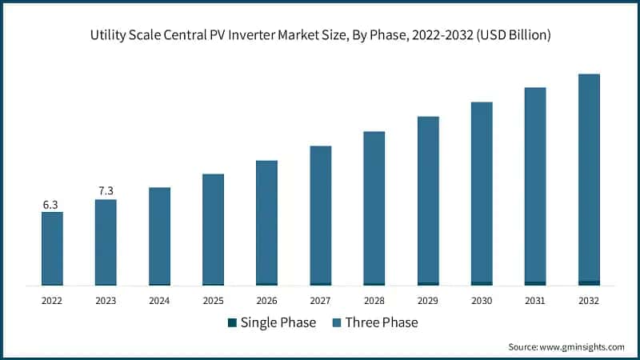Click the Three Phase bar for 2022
click(52, 248)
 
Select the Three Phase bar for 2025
click(213, 229)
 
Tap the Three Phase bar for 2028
click(374, 207)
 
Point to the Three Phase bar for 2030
click(482, 192)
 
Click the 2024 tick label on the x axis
click(159, 301)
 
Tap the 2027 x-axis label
click(320, 301)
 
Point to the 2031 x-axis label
click(535, 301)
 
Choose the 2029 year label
click(428, 301)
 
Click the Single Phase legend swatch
click(233, 323)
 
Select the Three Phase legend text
click(382, 323)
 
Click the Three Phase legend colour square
click(338, 323)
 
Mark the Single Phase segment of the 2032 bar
click(589, 282)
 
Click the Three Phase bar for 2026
click(266, 222)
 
